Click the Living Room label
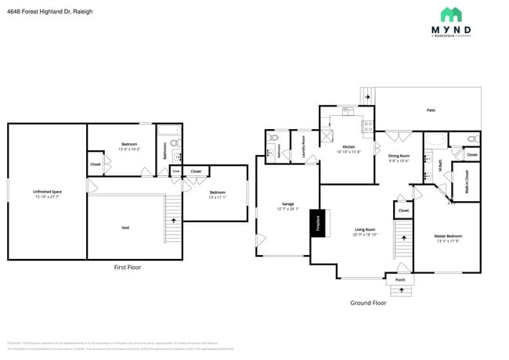[364, 232]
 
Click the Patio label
[431, 110]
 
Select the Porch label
[400, 279]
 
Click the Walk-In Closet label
[467, 181]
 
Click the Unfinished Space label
[47, 193]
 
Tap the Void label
[125, 228]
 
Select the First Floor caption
[128, 267]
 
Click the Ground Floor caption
[368, 302]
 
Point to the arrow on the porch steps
[400, 290]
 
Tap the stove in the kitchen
[365, 125]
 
